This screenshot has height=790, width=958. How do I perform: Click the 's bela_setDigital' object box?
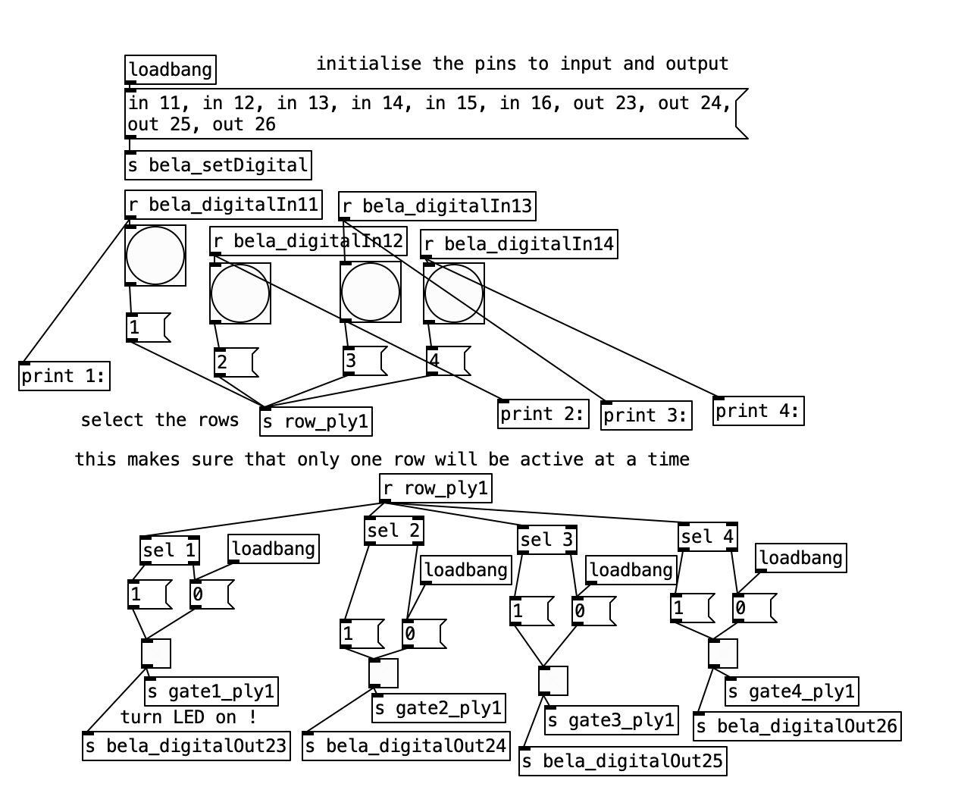point(218,165)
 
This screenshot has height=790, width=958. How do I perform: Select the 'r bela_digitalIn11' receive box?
point(223,205)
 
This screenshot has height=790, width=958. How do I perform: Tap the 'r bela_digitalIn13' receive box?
point(437,206)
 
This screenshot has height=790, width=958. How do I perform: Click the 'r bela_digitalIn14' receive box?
point(518,244)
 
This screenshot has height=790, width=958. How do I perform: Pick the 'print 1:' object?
point(64,376)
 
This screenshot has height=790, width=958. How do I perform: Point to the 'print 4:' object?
point(758,411)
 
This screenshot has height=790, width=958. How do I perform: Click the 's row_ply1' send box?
point(316,422)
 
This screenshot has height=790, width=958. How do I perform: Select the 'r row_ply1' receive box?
point(435,488)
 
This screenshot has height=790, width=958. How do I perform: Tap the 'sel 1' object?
point(170,550)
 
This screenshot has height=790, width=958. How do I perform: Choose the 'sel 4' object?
point(708,537)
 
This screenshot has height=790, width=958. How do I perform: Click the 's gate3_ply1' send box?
point(610,720)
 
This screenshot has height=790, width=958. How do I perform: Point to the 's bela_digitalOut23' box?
point(186,746)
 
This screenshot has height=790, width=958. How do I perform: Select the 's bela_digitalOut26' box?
point(797,726)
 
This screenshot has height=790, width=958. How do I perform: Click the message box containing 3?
point(364,361)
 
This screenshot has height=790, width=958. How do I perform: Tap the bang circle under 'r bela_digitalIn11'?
point(155,255)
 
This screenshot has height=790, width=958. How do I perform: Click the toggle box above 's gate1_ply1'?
point(156,654)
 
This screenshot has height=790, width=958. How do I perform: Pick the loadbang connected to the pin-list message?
point(171,70)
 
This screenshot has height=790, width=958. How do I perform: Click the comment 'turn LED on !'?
point(188,716)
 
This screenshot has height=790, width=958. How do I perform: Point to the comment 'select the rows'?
point(159,420)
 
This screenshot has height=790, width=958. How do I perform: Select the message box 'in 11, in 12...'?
point(432,114)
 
